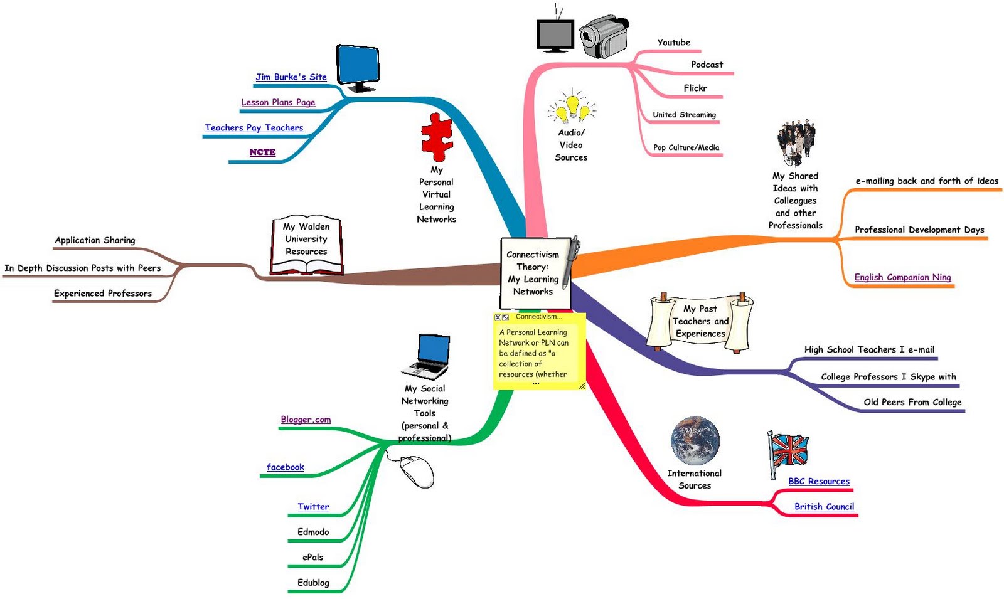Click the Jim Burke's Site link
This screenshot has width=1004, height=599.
click(x=291, y=77)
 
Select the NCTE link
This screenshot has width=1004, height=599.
click(x=262, y=152)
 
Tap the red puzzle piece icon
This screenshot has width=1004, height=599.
click(x=436, y=137)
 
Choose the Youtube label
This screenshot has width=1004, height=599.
click(x=674, y=43)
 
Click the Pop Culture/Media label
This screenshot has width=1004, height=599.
click(x=686, y=147)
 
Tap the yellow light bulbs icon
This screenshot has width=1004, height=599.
click(x=572, y=106)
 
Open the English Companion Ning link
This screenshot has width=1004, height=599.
click(x=902, y=277)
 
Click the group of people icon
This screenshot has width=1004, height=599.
click(x=796, y=143)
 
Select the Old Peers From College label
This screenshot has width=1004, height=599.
click(x=912, y=402)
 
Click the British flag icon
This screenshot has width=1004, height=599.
click(x=788, y=454)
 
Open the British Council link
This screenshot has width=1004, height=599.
click(x=825, y=507)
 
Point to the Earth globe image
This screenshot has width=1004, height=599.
click(x=695, y=442)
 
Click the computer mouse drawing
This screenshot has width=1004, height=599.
click(x=415, y=470)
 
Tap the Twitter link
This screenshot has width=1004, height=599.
click(x=313, y=507)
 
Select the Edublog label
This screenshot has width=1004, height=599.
click(x=313, y=583)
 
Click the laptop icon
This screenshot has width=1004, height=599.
click(x=426, y=357)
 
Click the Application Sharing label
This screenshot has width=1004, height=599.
click(x=95, y=241)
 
